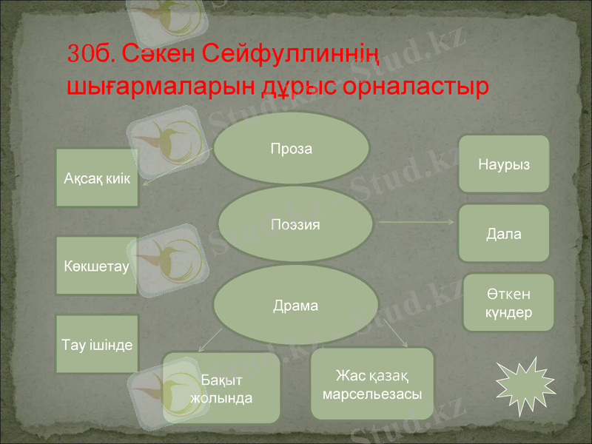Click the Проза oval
pyautogui.click(x=292, y=149)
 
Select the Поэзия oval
pyautogui.click(x=295, y=223)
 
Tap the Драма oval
pyautogui.click(x=295, y=305)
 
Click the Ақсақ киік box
pyautogui.click(x=97, y=178)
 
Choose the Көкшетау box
pyautogui.click(x=97, y=266)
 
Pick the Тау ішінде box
pyautogui.click(x=97, y=344)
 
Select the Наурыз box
pyautogui.click(x=505, y=164)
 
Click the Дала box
pyautogui.click(x=504, y=234)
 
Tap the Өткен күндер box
pyautogui.click(x=508, y=303)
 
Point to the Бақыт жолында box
pyautogui.click(x=221, y=388)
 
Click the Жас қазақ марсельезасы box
pyautogui.click(x=371, y=384)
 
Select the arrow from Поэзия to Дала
pyautogui.click(x=416, y=222)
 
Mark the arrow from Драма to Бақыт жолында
pyautogui.click(x=210, y=340)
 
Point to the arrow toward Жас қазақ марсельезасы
pyautogui.click(x=392, y=333)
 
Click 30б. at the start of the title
pyautogui.click(x=90, y=54)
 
